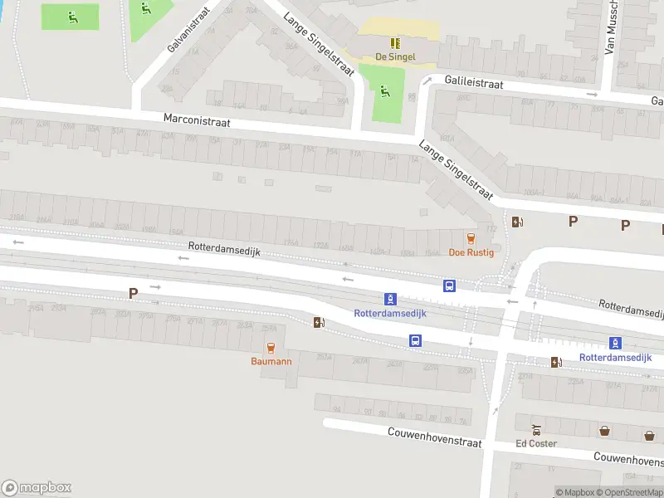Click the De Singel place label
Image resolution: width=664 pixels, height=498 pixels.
pos(395,56)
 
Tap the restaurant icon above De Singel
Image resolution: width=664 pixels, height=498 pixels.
pos(395,42)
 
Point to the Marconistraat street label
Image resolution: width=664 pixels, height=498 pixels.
pos(197,121)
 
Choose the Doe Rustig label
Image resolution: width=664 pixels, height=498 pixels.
pos(471,252)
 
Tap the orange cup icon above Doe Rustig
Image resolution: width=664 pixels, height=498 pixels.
pos(471,237)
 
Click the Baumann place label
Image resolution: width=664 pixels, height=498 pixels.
pos(271,361)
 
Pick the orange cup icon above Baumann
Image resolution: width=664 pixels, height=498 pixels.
pos(270,347)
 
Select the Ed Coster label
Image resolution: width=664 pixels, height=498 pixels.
pos(535,443)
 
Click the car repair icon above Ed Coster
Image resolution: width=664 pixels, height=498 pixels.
pos(536,430)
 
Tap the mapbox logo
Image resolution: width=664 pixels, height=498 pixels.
pos(37,488)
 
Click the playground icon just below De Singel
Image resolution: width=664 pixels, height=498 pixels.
pos(384,90)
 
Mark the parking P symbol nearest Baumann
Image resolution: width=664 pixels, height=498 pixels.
pos(133,293)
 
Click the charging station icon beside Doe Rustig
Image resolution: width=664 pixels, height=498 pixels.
pos(517,222)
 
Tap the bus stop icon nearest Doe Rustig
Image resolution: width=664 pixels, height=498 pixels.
pos(449,286)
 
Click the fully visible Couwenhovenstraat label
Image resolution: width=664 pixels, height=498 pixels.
pos(435,437)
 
